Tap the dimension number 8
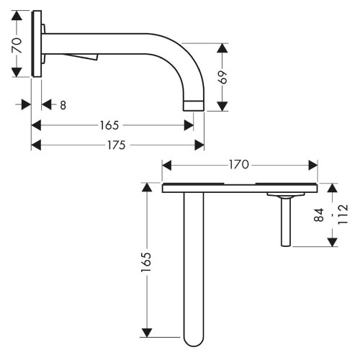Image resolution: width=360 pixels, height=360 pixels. [x=63, y=105]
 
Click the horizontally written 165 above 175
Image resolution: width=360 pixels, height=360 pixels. [x=109, y=125]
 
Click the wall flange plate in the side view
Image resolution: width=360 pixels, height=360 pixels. [x=37, y=45]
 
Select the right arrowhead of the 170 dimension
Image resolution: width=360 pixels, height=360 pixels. [x=313, y=165]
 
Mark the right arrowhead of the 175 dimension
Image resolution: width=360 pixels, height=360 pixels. [x=199, y=144]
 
